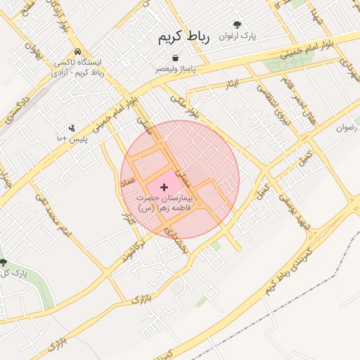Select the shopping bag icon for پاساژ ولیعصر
tap(174, 59)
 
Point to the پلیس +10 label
tap(72, 139)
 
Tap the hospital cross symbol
tap(165, 188)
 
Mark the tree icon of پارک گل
tap(5, 262)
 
